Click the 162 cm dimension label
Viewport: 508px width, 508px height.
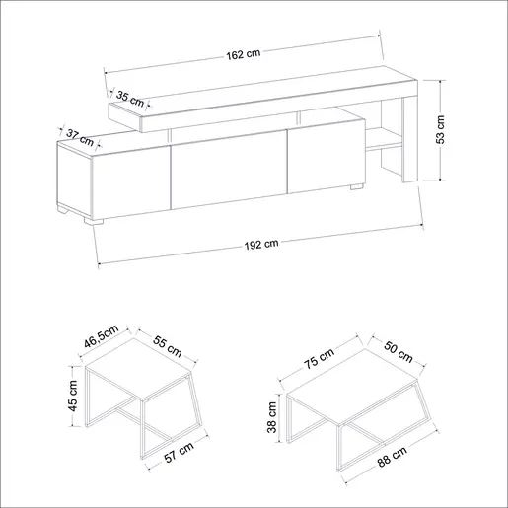244,54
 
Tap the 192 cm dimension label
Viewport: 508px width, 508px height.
261,245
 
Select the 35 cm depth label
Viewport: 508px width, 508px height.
130,99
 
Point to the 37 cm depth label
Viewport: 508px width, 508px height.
80,137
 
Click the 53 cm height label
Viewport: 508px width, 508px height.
440,129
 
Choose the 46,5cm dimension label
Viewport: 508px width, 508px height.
101,336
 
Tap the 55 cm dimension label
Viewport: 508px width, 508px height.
168,346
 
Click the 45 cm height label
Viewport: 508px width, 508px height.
72,396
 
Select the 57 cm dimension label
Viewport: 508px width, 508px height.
179,452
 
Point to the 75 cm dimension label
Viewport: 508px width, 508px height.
319,358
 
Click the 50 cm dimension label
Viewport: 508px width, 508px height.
399,352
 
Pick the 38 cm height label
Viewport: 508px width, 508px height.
272,417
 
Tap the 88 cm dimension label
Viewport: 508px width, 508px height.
392,457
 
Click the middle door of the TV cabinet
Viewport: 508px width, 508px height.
229,170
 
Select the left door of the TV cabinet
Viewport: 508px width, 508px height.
131,183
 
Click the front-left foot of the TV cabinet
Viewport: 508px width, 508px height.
94,221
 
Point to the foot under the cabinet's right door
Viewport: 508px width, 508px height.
357,186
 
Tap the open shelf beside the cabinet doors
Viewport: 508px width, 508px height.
384,139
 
